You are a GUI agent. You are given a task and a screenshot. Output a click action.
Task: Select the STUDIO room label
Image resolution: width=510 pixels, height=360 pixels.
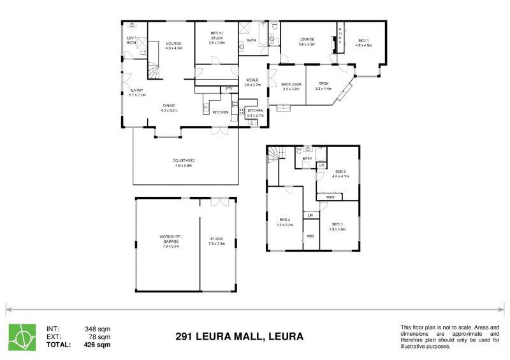coord(217,239)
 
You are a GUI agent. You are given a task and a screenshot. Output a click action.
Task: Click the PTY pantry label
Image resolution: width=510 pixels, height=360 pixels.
coord(228,89)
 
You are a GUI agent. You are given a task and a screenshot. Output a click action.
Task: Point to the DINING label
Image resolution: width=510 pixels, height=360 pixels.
coord(169,105)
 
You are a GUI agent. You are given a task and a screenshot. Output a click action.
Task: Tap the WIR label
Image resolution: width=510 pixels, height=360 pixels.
coord(310,236)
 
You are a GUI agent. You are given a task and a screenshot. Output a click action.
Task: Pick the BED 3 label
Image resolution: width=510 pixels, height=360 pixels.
coord(338,224)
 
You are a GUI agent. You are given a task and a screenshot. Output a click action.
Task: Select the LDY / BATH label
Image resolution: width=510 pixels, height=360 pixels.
coord(131,40)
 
